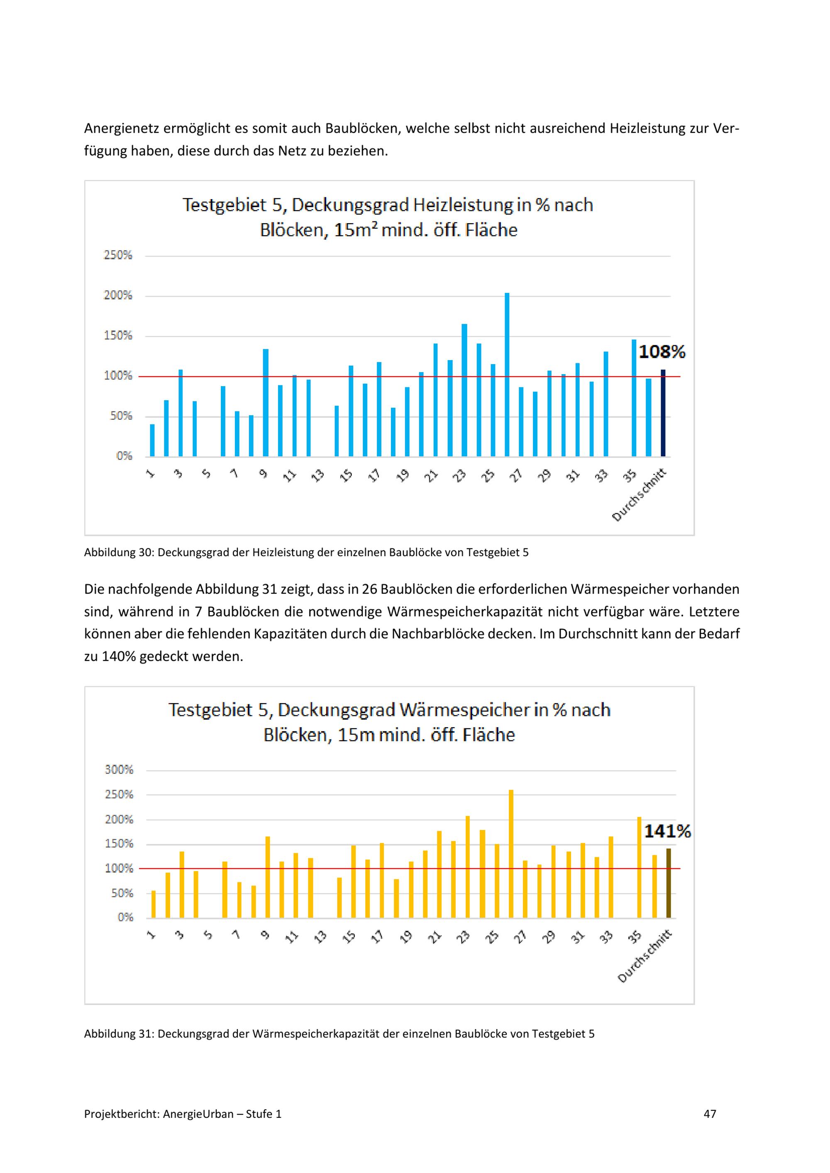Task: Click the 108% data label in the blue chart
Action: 662,352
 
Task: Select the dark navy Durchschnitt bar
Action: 663,413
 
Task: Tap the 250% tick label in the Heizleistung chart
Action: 118,256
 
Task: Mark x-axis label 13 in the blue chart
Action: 318,476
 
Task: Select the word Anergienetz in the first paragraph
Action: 121,128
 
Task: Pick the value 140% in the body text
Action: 119,657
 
